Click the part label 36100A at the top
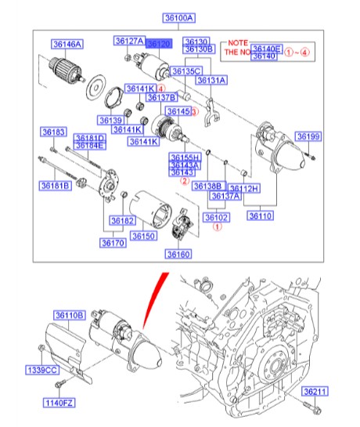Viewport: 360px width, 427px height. [x=179, y=17]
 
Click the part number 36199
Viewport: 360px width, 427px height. [x=308, y=136]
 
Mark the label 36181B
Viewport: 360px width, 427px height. [x=56, y=186]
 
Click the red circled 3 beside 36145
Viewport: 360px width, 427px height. [x=196, y=112]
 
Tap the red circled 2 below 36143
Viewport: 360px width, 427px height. [x=185, y=180]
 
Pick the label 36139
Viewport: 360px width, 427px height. [x=110, y=120]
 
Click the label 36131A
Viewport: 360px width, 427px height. [x=211, y=80]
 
